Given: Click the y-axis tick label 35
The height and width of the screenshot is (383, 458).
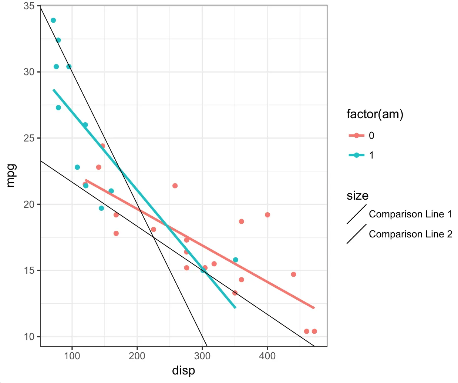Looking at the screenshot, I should coord(29,6).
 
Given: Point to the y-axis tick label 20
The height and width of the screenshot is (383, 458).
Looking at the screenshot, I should coord(29,204).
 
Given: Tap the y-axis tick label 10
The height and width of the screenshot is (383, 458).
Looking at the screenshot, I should coord(29,337).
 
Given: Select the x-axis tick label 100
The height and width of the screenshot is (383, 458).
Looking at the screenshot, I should coord(72,356).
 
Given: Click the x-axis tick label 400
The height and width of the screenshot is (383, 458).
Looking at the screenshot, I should coord(267,356).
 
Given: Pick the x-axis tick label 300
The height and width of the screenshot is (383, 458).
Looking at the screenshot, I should coord(202,356).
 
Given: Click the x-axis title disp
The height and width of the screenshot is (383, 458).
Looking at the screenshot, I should coord(183,370).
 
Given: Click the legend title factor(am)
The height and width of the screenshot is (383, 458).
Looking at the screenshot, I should coord(375,114).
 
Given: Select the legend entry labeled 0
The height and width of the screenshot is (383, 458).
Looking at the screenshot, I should coord(371,136).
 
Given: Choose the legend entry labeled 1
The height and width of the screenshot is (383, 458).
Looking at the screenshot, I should coord(371,155).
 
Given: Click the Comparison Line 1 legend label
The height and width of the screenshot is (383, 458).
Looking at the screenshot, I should coord(410,214).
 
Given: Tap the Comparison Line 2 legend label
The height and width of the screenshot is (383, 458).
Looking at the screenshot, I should coord(410,234).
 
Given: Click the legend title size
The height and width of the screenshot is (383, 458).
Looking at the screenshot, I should coord(357,196).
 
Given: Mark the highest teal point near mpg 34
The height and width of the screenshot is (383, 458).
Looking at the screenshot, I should coord(53,20).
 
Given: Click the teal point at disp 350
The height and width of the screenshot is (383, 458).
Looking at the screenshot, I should coord(236,260).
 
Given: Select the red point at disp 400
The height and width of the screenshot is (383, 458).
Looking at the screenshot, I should coord(267,215).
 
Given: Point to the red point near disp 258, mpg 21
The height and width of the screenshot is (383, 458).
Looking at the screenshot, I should coord(175,186).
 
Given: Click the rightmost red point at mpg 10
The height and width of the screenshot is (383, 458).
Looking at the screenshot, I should coord(314,331).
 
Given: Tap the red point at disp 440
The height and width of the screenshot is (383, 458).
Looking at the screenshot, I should coord(293,274).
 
